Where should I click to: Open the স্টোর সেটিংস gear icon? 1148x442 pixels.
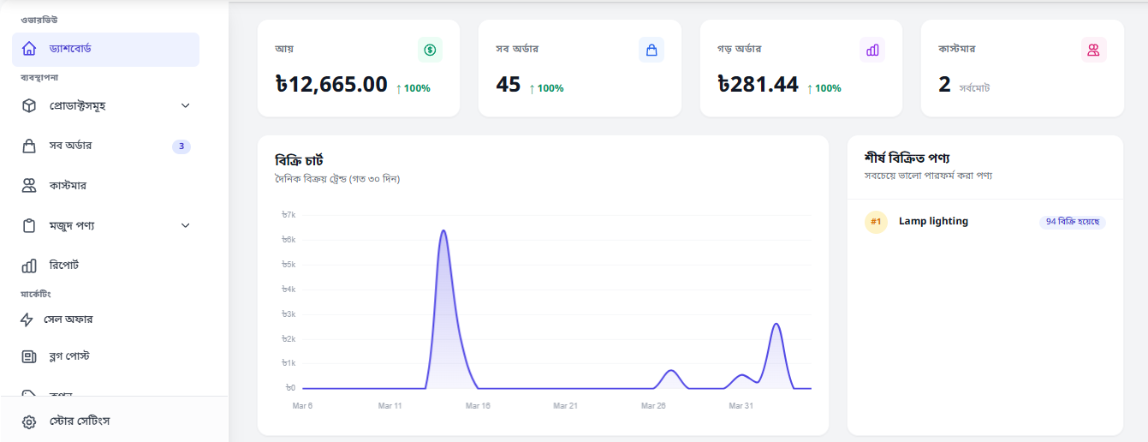[29, 422]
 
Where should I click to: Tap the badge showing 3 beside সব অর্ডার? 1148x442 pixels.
[181, 146]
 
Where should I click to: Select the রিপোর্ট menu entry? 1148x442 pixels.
[64, 265]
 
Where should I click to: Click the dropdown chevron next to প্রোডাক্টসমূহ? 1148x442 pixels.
[186, 105]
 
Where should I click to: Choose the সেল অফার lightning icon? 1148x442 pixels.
[27, 320]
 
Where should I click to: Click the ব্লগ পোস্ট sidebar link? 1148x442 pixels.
[69, 355]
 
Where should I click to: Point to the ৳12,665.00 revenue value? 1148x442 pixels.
[331, 84]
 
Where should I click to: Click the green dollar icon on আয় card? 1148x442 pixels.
[430, 50]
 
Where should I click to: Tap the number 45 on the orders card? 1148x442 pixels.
[508, 85]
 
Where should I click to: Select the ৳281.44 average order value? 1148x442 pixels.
[758, 84]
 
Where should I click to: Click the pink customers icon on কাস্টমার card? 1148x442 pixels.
[1094, 50]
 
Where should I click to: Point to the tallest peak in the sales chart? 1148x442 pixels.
[443, 230]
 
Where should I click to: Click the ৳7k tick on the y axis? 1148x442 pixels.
[288, 215]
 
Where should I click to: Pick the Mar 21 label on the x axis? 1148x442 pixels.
[565, 405]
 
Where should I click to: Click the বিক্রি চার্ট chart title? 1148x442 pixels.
[300, 160]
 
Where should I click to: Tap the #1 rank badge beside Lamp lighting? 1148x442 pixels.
[876, 222]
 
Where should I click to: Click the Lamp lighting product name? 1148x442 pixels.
[933, 221]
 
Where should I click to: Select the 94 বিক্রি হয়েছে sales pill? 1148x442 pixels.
[1073, 222]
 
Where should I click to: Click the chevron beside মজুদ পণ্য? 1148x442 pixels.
[186, 225]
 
